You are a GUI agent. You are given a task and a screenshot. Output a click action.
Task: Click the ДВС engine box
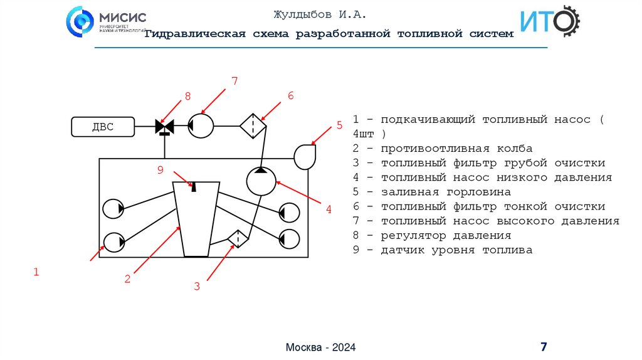point(103,127)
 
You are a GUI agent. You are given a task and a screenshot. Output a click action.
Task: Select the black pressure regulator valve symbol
point(164,127)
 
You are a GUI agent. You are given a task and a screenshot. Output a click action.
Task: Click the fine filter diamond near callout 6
point(253,125)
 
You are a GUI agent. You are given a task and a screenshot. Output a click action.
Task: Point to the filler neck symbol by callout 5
point(305,156)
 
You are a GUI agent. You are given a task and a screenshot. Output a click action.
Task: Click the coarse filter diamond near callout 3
point(238,238)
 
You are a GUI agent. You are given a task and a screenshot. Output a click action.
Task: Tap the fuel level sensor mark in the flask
point(194,186)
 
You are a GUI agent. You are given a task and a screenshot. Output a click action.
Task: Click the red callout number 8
point(186,96)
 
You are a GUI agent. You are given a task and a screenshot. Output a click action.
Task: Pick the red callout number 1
point(36,272)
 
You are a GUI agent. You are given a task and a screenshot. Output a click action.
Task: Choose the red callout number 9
point(160,169)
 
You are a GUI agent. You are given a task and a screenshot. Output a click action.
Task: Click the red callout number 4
point(328,210)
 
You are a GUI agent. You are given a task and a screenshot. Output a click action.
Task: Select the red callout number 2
point(127,279)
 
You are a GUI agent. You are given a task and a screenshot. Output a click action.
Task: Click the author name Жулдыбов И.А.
point(319,14)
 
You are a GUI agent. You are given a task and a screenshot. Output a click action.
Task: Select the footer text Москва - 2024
point(320,347)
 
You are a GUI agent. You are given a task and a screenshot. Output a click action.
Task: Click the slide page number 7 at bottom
point(544,347)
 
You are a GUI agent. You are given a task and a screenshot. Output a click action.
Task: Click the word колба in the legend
point(514,149)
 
